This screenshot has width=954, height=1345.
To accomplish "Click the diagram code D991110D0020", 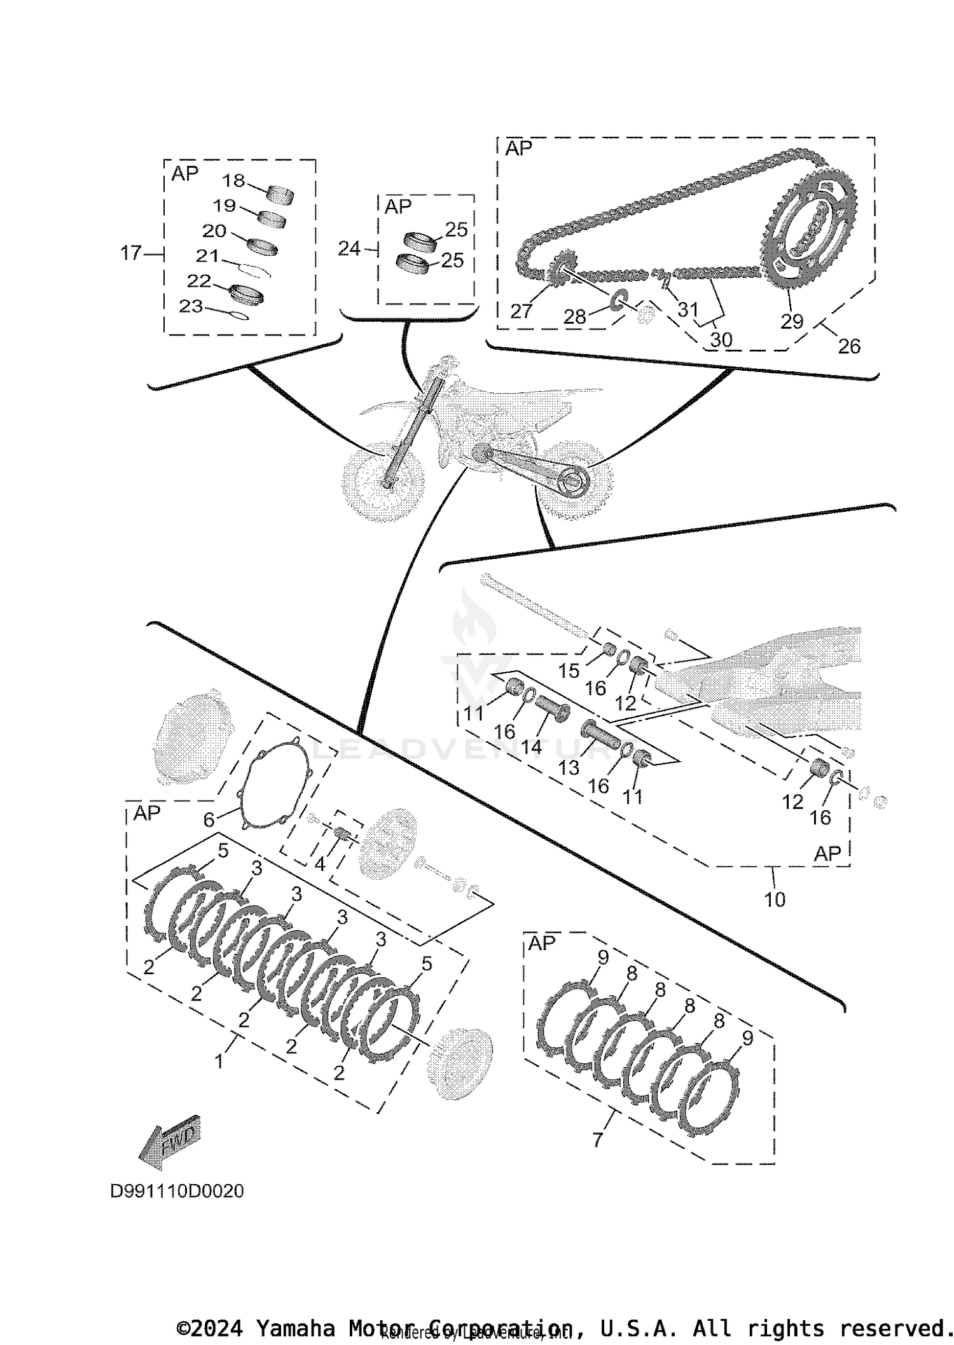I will pos(177,1191).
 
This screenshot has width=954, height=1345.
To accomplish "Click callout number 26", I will pos(849,347).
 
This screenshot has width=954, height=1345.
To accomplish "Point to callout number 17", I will pos(130,253).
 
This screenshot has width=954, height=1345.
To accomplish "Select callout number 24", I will pos(349,249).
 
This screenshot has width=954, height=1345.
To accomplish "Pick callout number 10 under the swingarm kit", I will pos(775,899).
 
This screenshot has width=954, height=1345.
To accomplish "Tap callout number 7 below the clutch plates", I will pos(597,1140).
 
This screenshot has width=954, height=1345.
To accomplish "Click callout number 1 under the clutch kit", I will pos(219,1061).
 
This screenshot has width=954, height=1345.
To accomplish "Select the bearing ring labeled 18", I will pos(280,194).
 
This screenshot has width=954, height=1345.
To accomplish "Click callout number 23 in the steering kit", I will pos(191,307).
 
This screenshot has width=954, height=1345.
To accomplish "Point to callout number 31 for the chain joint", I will pos(688,310).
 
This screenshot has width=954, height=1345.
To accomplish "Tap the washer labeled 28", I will pos(618,303).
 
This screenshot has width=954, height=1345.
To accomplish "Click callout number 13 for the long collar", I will pos(569,768).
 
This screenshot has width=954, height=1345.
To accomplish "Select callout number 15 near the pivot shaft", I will pos(569,671).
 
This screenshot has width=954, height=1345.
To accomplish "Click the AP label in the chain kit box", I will pos(518,149).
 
